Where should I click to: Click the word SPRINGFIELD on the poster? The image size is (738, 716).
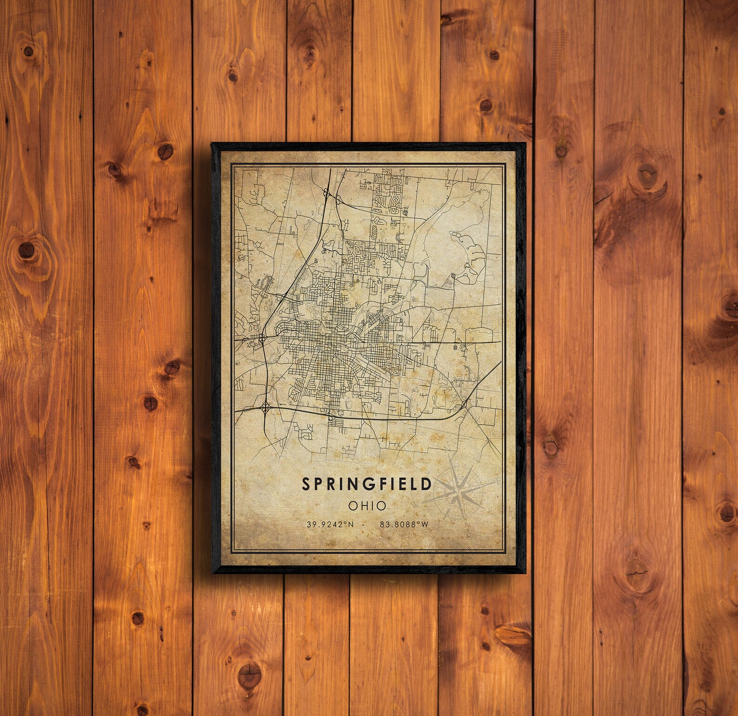point(367,484)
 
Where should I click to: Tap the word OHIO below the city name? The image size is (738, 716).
point(367,504)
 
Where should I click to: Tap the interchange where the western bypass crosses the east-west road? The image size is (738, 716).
point(263,339)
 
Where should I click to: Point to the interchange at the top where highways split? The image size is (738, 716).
point(329,191)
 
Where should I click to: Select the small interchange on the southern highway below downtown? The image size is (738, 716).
point(330,417)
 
